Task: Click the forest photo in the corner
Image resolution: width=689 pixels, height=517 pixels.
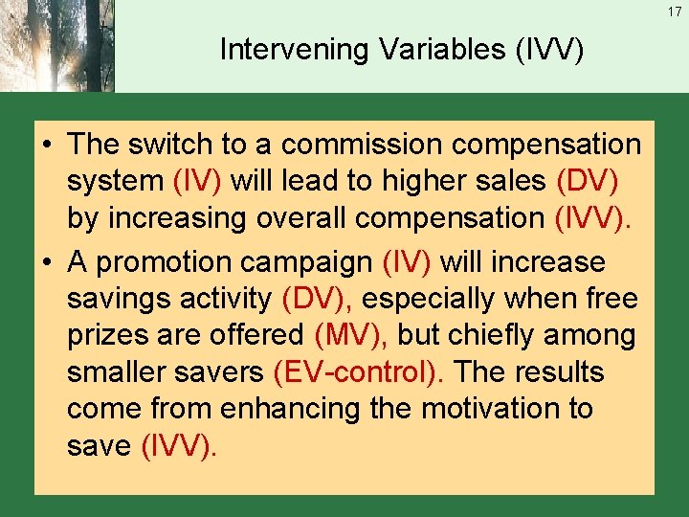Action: tap(57, 46)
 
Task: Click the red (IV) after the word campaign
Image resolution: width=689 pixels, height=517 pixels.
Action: tap(407, 261)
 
